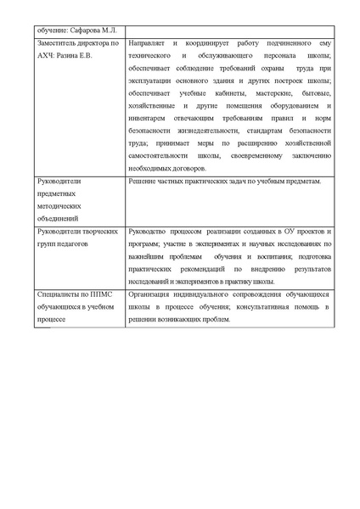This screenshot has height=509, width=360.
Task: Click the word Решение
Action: tap(142, 182)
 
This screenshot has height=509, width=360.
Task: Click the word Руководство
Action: tap(150, 231)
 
